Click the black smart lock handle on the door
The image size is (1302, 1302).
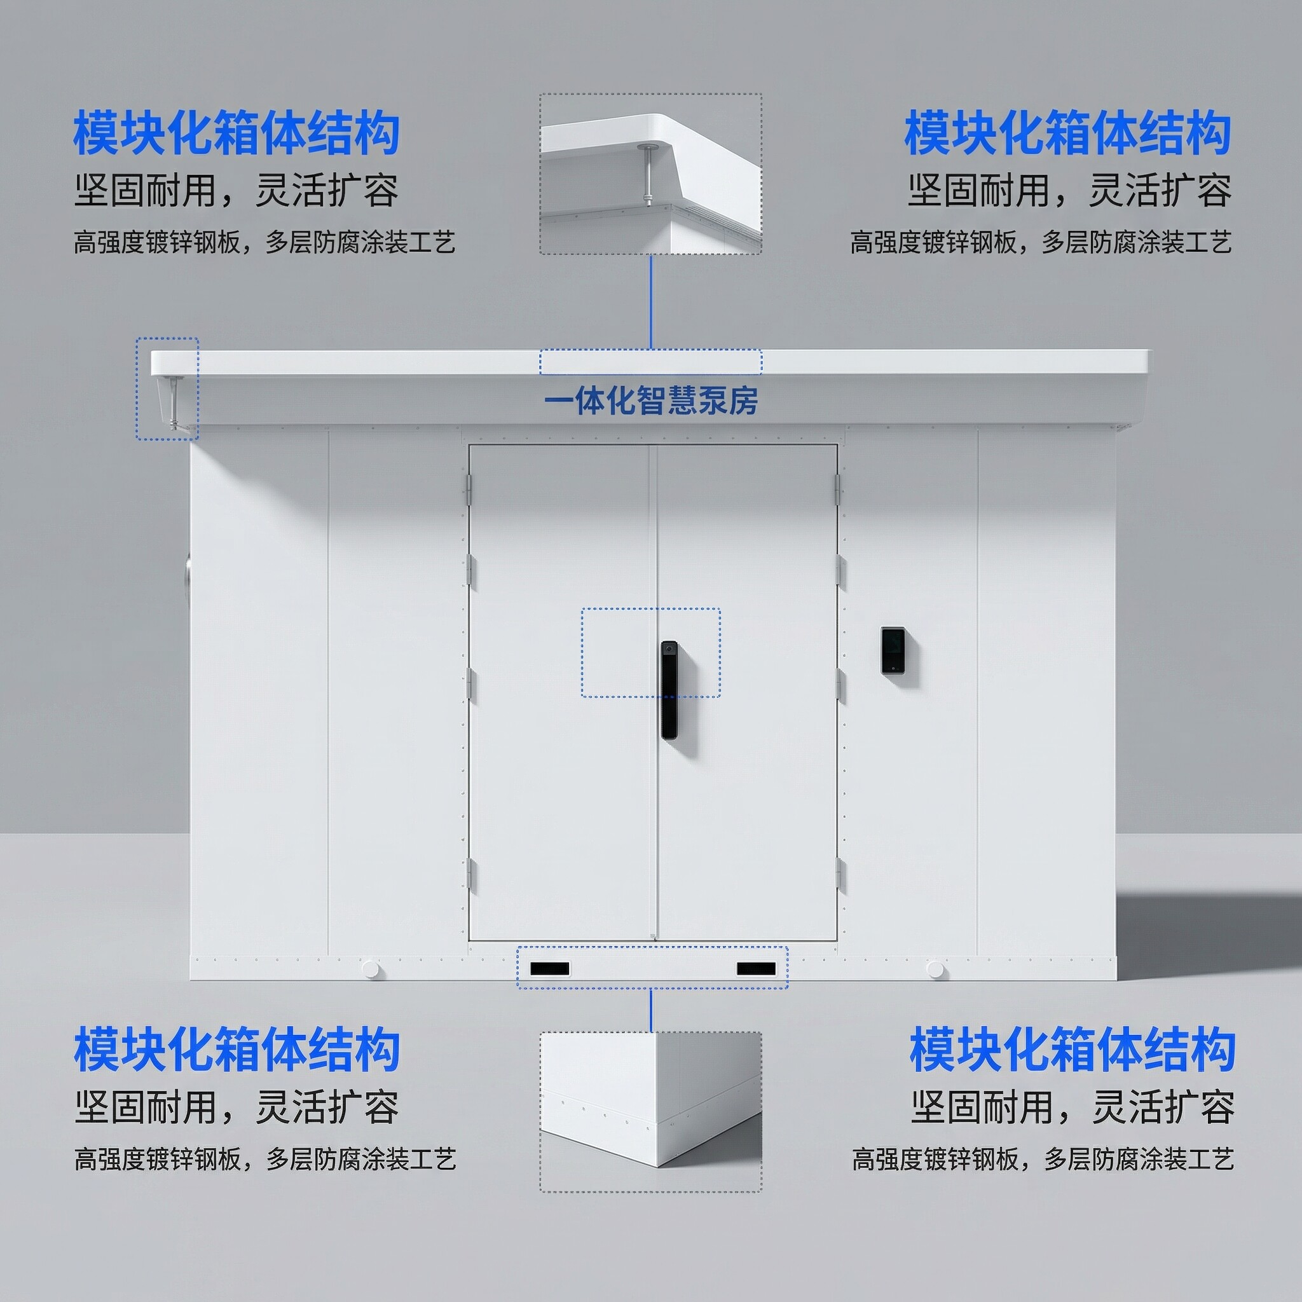pyautogui.click(x=669, y=689)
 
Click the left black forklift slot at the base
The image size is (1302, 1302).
pyautogui.click(x=550, y=969)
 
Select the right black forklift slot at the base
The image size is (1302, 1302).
pyautogui.click(x=756, y=969)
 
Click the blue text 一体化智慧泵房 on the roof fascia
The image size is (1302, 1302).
pyautogui.click(x=651, y=401)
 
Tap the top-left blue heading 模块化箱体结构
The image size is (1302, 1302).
pyautogui.click(x=236, y=134)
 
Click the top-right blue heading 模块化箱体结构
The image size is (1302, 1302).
pyautogui.click(x=1067, y=134)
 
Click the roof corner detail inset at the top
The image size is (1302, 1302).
pyautogui.click(x=651, y=174)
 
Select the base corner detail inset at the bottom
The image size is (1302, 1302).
pyautogui.click(x=651, y=1112)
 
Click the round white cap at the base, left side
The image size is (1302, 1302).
pyautogui.click(x=370, y=969)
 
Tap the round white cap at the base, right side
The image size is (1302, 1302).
pyautogui.click(x=935, y=969)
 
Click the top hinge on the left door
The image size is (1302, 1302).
pyautogui.click(x=469, y=489)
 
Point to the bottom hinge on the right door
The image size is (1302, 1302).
pyautogui.click(x=839, y=874)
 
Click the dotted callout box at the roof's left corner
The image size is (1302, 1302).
pyautogui.click(x=167, y=389)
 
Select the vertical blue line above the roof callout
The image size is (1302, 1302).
pyautogui.click(x=651, y=302)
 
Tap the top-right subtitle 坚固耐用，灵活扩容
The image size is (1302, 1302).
pyautogui.click(x=1069, y=191)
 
